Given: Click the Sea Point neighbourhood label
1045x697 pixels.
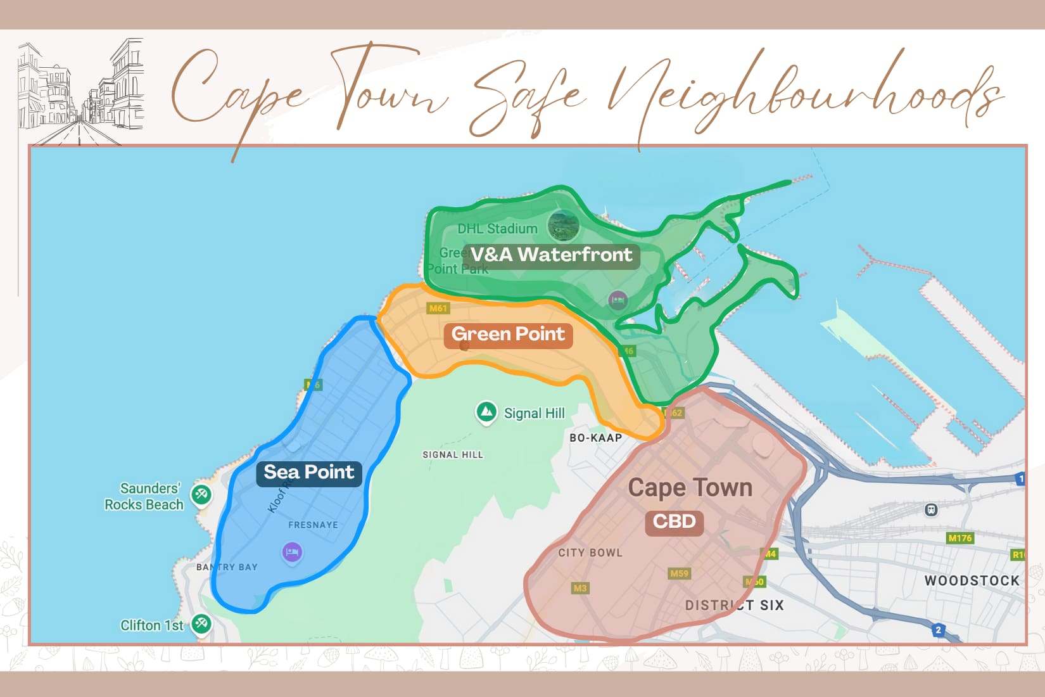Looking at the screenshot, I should pos(309,473).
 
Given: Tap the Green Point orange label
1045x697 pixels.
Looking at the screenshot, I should pos(508,335).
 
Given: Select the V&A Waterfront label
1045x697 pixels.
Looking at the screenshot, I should pos(552,255).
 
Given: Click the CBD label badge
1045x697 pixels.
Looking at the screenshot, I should pos(674,522).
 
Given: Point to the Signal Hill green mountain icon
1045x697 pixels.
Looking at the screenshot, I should pos(486,412).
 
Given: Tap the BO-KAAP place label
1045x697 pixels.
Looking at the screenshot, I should pos(595,438).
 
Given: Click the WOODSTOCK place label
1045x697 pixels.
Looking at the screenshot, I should pos(972,580).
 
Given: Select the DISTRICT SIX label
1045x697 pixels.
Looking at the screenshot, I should pos(734,605).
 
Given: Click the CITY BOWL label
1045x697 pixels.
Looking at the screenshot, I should pos(590,553).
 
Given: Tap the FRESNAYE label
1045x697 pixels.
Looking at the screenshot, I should pos(313,525).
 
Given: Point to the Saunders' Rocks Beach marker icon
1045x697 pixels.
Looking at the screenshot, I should pos(201,494).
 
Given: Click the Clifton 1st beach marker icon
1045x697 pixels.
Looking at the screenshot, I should pos(201,623).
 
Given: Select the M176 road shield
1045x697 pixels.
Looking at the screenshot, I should pos(959,538).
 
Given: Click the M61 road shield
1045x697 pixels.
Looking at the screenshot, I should pos(438,309).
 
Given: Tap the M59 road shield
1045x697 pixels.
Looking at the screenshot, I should pos(679,573).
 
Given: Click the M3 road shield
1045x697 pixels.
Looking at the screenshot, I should pos(579,588).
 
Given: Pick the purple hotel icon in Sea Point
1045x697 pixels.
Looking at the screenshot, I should pos(292,552).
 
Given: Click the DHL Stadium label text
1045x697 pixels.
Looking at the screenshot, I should pos(497,229).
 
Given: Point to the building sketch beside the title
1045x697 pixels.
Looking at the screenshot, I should pos(81,92).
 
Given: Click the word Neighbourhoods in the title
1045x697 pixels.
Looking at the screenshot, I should pos(804,95).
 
